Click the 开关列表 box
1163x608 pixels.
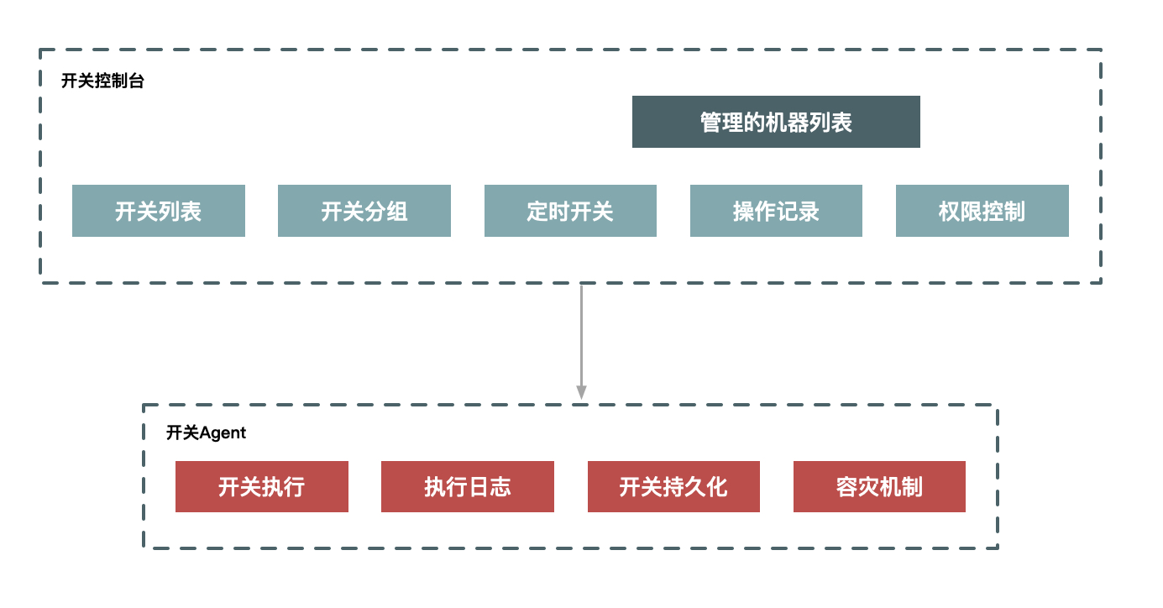(159, 211)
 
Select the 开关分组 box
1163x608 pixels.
(364, 211)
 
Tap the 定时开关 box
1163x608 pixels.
(570, 211)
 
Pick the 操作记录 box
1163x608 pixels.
(776, 211)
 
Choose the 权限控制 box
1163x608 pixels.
(982, 211)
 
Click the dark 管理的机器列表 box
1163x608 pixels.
(776, 122)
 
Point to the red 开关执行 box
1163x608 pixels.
(261, 486)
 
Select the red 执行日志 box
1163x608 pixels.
(467, 486)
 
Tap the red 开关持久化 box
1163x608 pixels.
(673, 486)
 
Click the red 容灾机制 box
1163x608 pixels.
(879, 486)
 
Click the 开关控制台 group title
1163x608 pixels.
(102, 82)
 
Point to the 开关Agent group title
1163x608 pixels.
(206, 432)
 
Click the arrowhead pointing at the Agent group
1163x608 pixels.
(581, 392)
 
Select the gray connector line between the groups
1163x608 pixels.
(581, 336)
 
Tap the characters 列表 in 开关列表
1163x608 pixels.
(181, 211)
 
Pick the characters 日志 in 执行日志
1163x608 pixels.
(489, 486)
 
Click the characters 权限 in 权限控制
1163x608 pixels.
(960, 211)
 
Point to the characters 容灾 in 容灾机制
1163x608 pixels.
(857, 486)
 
